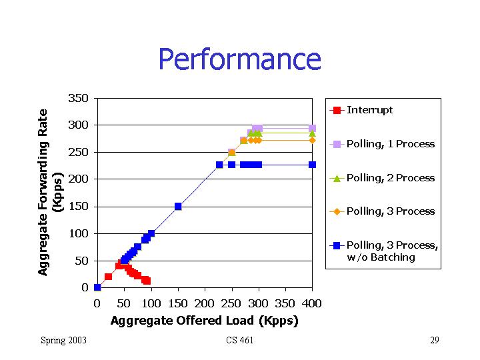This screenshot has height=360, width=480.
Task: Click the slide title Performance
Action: [239, 59]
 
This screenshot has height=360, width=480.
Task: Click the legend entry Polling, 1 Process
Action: [390, 144]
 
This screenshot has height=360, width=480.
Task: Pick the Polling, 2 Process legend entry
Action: [390, 178]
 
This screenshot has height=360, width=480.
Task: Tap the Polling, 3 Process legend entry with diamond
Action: [390, 211]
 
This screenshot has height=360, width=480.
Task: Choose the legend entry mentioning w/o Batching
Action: [392, 251]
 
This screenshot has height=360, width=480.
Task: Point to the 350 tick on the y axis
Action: [79, 99]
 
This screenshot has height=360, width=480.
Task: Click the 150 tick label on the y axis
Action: [79, 207]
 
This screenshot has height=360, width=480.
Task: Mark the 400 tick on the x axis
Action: [312, 304]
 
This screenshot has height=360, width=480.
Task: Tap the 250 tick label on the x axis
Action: [231, 304]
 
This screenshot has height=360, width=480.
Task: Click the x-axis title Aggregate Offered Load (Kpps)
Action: [205, 321]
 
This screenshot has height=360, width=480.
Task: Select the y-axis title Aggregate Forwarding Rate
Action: [43, 193]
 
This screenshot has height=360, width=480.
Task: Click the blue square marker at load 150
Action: [178, 207]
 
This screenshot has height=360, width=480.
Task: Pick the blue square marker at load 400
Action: [312, 165]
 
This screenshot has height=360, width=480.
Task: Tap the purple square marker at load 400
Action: [312, 128]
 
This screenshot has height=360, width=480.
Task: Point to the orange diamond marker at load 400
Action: [312, 140]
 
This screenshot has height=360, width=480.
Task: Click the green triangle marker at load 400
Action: [312, 133]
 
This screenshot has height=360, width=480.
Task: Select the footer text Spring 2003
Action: [63, 341]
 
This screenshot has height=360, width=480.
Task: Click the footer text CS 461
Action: [239, 341]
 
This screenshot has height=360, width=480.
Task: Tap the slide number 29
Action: [434, 341]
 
